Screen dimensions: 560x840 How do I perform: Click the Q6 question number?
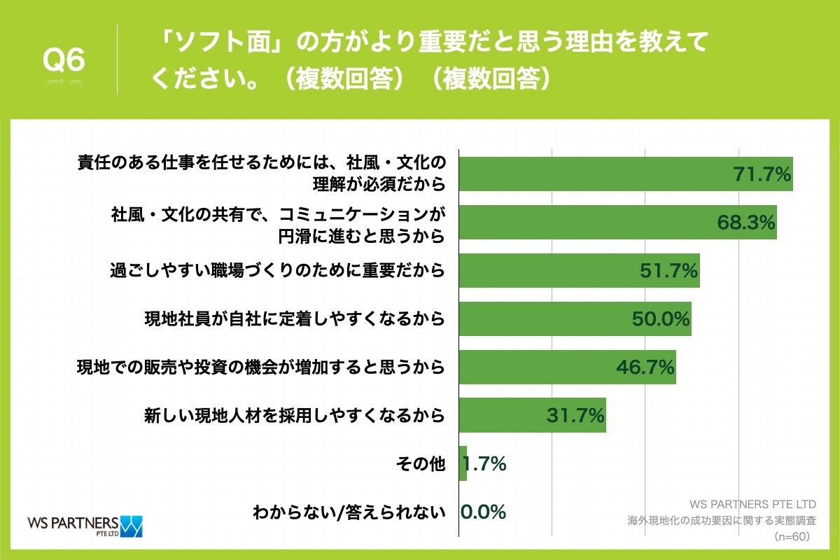[x=64, y=61]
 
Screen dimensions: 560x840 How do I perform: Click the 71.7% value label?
[x=762, y=174]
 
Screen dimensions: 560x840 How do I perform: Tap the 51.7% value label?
[x=669, y=271]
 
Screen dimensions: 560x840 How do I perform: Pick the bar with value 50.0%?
[x=575, y=319]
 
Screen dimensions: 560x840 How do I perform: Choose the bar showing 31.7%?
[x=532, y=415]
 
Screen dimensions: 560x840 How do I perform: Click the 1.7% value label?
[x=484, y=463]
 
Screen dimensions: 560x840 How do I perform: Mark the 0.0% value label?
[x=483, y=512]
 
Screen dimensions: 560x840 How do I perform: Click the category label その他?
[x=420, y=463]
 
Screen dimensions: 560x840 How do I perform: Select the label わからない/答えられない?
[x=349, y=512]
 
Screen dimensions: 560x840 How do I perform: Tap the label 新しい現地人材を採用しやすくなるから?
[x=295, y=415]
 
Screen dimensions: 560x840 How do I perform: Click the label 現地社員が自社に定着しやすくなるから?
[x=295, y=319]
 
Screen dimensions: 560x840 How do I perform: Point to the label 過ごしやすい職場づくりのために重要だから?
[x=278, y=271]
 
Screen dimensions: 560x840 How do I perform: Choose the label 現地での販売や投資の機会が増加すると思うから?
[x=261, y=367]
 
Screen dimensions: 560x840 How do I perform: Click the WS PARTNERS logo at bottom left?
[x=84, y=526]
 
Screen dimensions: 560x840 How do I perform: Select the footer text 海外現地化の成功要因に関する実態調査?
[x=722, y=521]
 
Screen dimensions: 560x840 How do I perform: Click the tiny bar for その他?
[x=463, y=463]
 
